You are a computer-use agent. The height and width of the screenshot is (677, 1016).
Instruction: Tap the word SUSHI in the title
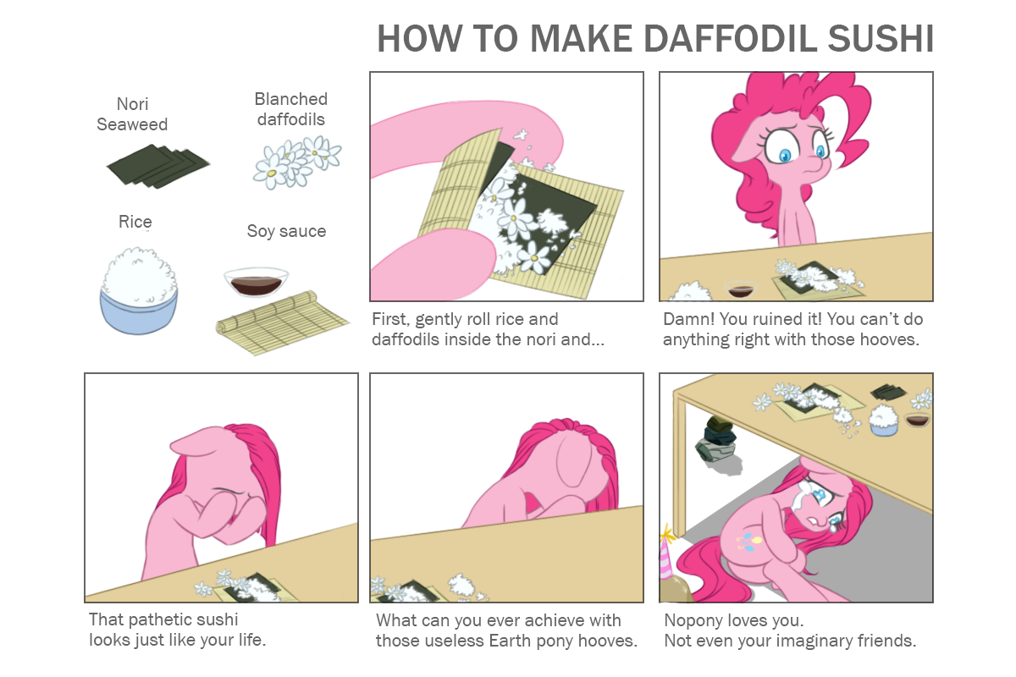tap(880, 39)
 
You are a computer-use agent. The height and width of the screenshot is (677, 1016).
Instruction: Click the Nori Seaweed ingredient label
tap(132, 114)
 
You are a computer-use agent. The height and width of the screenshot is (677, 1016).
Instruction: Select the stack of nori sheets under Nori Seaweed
tap(158, 167)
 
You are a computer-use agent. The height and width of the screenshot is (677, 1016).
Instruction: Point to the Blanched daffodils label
tap(290, 109)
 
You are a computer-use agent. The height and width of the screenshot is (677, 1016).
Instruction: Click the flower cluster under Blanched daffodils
tap(297, 162)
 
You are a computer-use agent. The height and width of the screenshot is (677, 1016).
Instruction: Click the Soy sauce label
tap(286, 231)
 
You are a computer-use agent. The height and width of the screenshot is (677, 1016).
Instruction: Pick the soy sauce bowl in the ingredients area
tap(256, 282)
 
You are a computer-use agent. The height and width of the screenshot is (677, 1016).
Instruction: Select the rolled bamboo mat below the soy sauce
tap(281, 322)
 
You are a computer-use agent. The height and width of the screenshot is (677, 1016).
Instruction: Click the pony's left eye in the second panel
tap(785, 149)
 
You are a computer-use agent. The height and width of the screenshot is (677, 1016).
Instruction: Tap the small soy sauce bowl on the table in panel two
tap(740, 289)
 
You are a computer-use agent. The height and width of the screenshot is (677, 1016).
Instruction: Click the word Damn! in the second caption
tap(688, 319)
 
